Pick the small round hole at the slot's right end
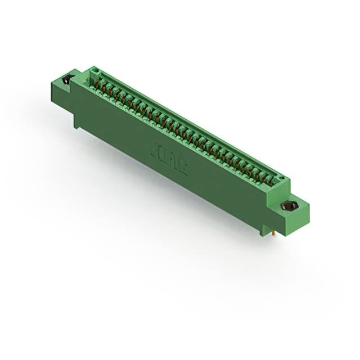(x=281, y=181)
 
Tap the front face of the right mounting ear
(x=292, y=219)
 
